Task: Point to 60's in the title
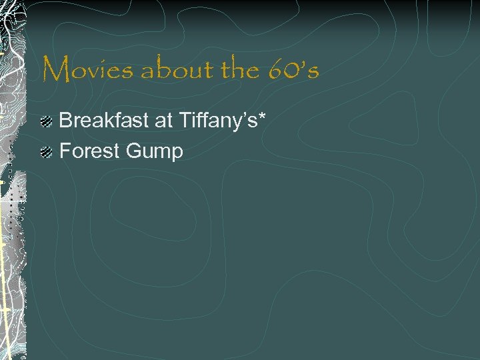coord(294,69)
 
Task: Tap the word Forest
coord(89,151)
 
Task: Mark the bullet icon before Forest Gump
coord(46,152)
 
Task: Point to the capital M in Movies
coord(56,69)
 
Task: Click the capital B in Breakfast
coord(67,121)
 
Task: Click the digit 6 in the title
coord(277,69)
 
